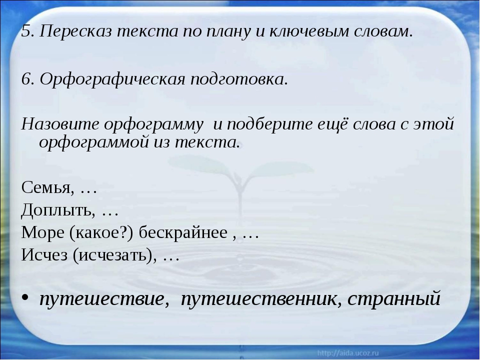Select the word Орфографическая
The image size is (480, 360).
pyautogui.click(x=112, y=79)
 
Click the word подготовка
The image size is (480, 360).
pyautogui.click(x=239, y=79)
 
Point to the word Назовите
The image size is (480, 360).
pyautogui.click(x=60, y=124)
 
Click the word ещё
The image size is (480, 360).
pyautogui.click(x=330, y=124)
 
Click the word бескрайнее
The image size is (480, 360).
pyautogui.click(x=183, y=232)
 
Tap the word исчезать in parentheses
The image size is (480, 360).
pyautogui.click(x=113, y=255)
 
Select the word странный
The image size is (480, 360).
pyautogui.click(x=394, y=298)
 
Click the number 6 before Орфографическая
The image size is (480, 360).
pyautogui.click(x=27, y=79)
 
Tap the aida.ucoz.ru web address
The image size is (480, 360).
pyautogui.click(x=348, y=353)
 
